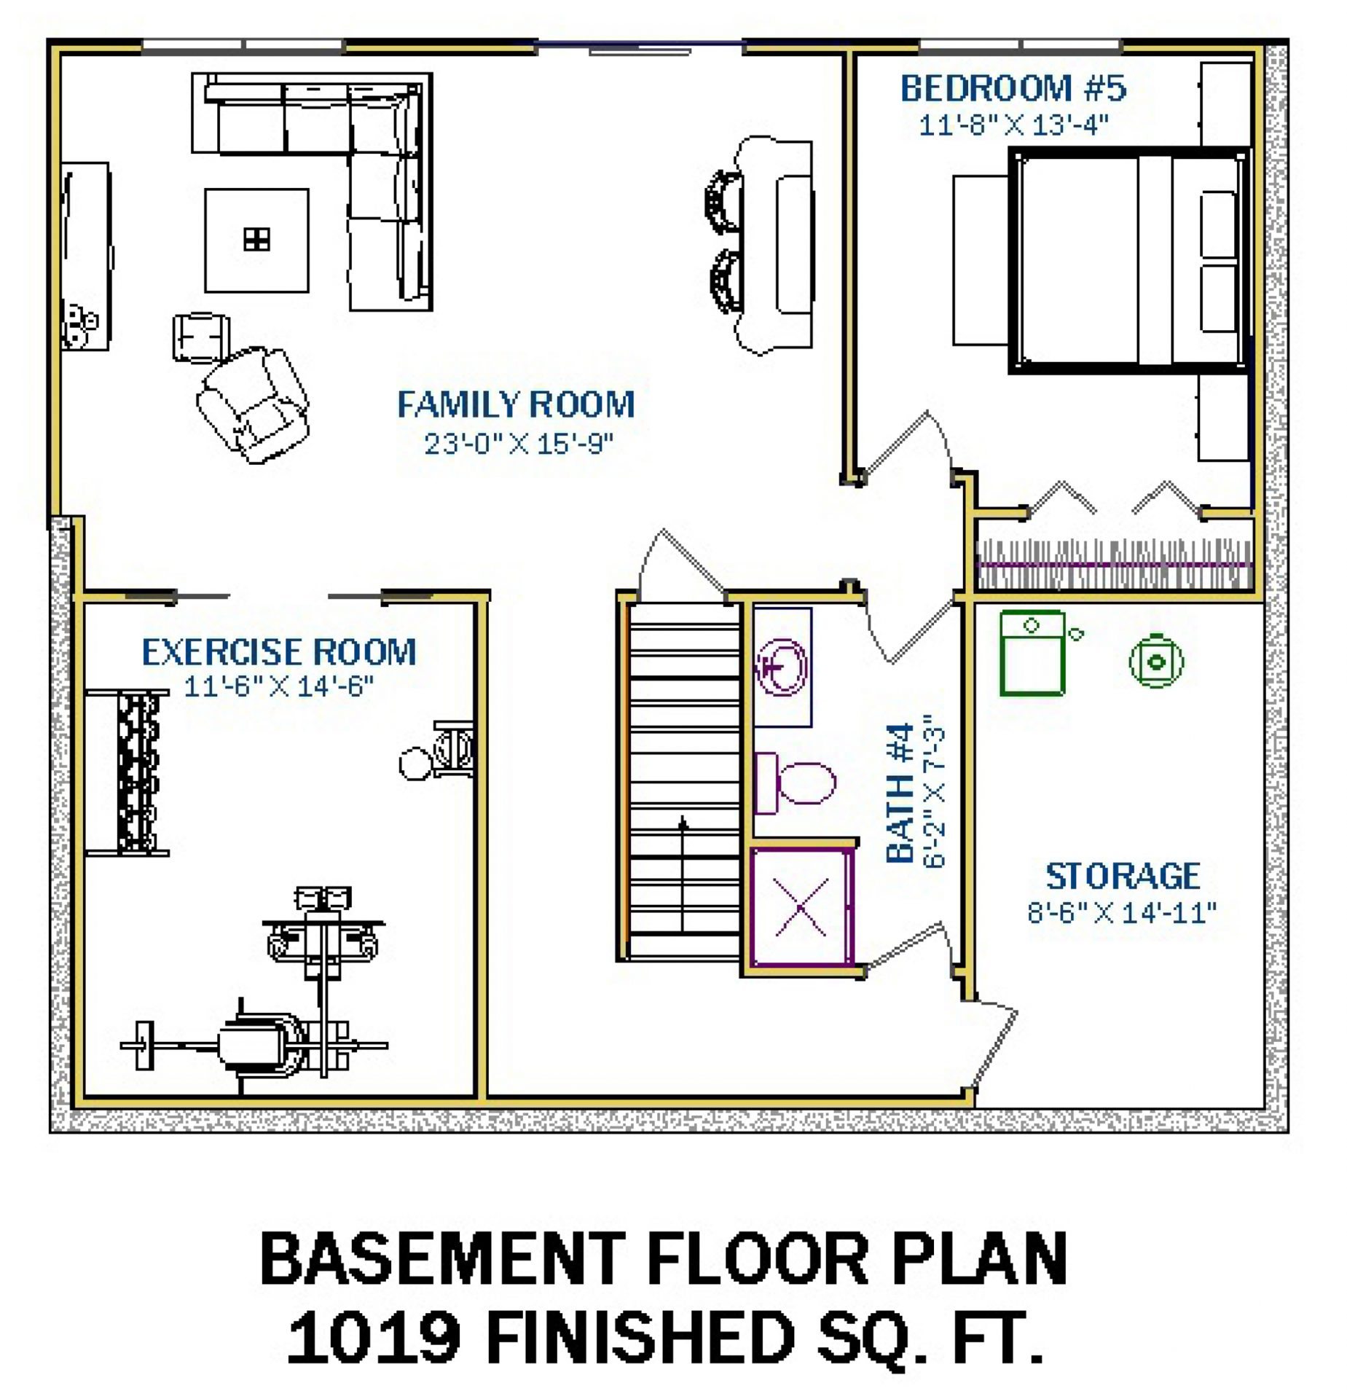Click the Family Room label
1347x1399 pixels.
(516, 404)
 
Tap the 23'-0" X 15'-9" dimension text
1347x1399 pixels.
(519, 443)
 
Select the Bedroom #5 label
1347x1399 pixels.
(1013, 88)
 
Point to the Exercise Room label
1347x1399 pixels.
(279, 651)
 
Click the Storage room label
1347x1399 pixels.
(1123, 876)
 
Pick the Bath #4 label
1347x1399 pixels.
(900, 793)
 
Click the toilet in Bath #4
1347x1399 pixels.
(795, 783)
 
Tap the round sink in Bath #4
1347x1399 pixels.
(782, 667)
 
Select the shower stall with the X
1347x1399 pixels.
(801, 907)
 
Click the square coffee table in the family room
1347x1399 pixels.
(256, 240)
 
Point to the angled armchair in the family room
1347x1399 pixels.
(253, 404)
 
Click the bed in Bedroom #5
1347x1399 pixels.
(1128, 260)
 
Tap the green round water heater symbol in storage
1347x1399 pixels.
(1156, 662)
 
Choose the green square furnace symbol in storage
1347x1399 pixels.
(1032, 654)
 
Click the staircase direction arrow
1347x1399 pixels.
(683, 874)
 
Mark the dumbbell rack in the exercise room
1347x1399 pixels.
(138, 772)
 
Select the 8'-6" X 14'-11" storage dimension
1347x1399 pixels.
(1122, 912)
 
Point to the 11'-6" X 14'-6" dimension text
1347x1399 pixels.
(279, 686)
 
